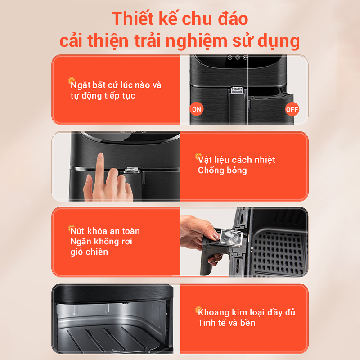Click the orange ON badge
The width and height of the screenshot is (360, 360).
click(x=197, y=109)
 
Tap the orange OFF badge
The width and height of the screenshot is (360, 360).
click(x=292, y=109)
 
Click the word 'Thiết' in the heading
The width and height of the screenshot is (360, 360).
click(x=133, y=18)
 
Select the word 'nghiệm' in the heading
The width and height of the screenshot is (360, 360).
click(x=196, y=41)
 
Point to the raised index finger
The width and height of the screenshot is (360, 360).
click(x=100, y=170)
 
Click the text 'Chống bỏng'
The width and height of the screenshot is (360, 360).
click(x=222, y=171)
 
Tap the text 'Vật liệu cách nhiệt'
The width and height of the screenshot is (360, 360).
click(x=237, y=160)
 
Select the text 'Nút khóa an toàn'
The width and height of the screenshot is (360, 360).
click(x=105, y=231)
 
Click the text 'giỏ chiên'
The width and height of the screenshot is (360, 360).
click(x=89, y=252)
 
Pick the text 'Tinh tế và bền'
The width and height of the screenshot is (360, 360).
click(x=227, y=323)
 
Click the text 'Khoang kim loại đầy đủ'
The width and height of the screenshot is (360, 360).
click(x=246, y=312)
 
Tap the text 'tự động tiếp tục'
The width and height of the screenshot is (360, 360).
click(x=103, y=96)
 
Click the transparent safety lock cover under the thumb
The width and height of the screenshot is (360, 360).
click(x=230, y=238)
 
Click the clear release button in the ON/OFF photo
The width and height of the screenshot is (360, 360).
click(x=238, y=90)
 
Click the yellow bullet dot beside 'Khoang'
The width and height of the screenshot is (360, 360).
click(x=198, y=310)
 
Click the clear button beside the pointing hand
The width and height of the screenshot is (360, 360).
click(x=132, y=171)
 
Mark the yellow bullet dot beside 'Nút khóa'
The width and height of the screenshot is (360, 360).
click(x=72, y=228)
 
